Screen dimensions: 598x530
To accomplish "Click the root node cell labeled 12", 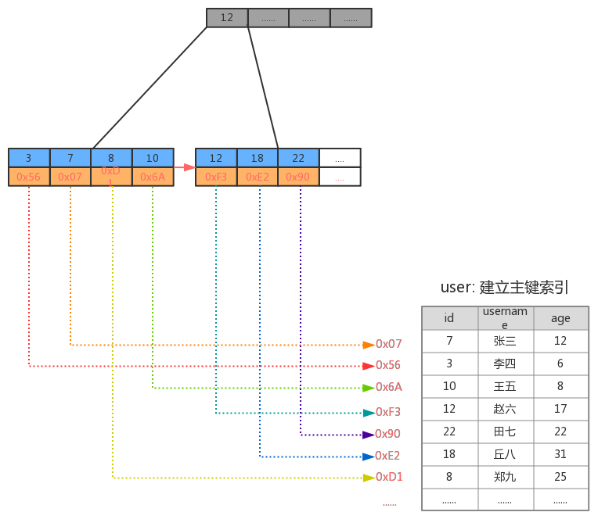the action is pyautogui.click(x=227, y=18).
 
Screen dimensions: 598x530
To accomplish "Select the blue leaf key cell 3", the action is pyautogui.click(x=29, y=158).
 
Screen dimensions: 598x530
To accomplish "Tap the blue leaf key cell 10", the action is pyautogui.click(x=153, y=158).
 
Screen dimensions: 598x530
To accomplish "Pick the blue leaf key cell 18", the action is pyautogui.click(x=258, y=158).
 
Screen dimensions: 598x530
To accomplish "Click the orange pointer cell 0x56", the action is pyautogui.click(x=29, y=177).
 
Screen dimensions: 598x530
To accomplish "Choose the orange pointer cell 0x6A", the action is pyautogui.click(x=153, y=177).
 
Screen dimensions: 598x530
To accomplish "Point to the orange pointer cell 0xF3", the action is pyautogui.click(x=216, y=177).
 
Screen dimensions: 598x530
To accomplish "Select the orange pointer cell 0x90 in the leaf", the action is pyautogui.click(x=298, y=177).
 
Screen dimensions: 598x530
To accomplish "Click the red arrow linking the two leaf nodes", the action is pyautogui.click(x=185, y=167).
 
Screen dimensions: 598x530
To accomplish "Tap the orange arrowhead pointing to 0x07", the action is pyautogui.click(x=369, y=346).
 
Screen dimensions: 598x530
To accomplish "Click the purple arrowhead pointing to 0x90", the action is pyautogui.click(x=369, y=435).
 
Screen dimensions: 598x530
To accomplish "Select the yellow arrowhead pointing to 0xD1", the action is pyautogui.click(x=369, y=478).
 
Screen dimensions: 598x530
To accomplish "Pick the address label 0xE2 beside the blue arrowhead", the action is pyautogui.click(x=387, y=456).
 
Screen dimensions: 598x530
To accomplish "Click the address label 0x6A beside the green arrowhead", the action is pyautogui.click(x=389, y=387).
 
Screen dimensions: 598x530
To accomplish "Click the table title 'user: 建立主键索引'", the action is pyautogui.click(x=505, y=288).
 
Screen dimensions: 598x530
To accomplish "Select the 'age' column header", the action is pyautogui.click(x=560, y=318).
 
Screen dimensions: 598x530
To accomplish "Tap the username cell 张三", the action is pyautogui.click(x=506, y=341).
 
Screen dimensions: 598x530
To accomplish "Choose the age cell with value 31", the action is pyautogui.click(x=560, y=454).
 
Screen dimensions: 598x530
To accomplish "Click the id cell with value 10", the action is pyautogui.click(x=449, y=386).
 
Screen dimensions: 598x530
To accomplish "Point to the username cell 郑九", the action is pyautogui.click(x=506, y=477).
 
